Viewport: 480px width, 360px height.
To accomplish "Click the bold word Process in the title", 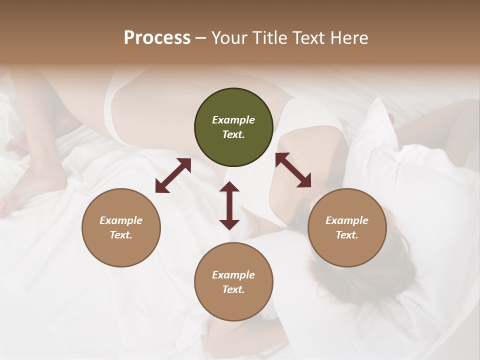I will [x=157, y=38].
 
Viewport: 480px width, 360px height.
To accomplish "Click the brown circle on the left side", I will [x=121, y=227].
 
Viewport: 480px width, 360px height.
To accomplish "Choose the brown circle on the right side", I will [x=347, y=227].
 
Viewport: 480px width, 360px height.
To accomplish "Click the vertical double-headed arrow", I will [x=229, y=205].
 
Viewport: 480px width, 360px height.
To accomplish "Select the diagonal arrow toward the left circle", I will [x=173, y=175].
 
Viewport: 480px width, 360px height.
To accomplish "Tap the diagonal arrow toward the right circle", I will [x=293, y=170].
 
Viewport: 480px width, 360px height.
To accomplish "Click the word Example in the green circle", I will [x=233, y=120].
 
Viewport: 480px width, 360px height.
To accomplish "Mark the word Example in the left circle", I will [x=121, y=220].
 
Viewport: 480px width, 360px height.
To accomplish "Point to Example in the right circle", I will [x=347, y=220].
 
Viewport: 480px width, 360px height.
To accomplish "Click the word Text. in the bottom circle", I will [x=233, y=289].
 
